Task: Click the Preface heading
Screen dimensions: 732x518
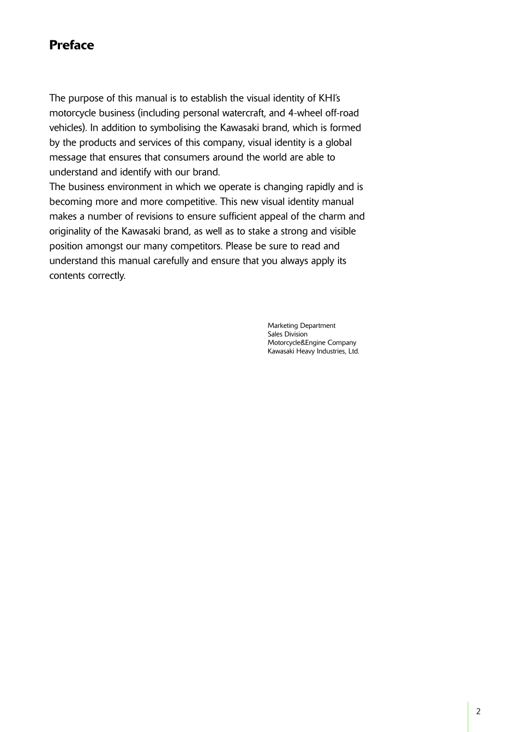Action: coord(71,45)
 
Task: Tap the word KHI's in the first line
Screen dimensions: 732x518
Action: coord(329,99)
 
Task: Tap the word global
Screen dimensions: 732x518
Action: coord(339,143)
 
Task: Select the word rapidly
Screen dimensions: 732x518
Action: coord(319,187)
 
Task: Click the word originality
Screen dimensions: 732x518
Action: coord(71,231)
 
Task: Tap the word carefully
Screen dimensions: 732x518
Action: coord(171,261)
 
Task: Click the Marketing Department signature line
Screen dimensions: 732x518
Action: coord(302,326)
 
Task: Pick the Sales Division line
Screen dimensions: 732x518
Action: coord(287,334)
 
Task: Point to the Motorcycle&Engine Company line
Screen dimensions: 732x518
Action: coord(312,343)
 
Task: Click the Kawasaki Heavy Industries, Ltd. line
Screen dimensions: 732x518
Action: coord(314,351)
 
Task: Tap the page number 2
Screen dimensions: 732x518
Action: coord(478,711)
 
